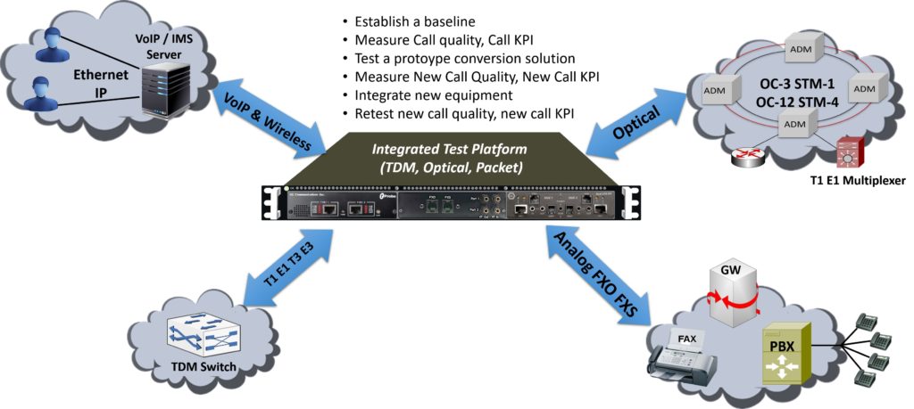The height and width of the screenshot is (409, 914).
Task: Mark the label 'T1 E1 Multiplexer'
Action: click(x=852, y=181)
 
